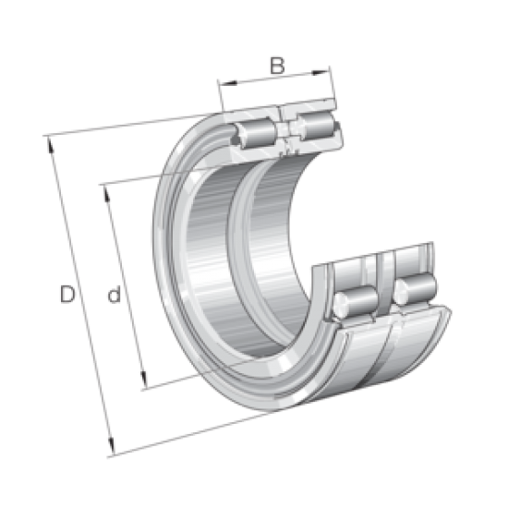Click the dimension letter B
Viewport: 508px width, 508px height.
click(274, 66)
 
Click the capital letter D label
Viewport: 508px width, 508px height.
click(67, 296)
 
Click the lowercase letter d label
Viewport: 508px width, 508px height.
click(114, 296)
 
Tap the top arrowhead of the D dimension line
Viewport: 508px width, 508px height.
click(48, 139)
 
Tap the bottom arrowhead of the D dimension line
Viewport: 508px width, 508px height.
click(113, 453)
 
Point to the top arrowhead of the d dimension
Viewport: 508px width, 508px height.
click(103, 187)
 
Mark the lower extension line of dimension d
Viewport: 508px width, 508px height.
click(175, 380)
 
